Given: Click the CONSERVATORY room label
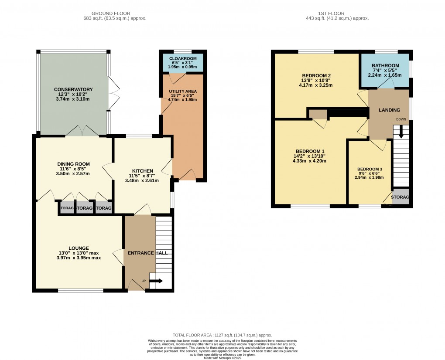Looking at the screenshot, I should coord(73,89).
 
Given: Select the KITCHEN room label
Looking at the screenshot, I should coord(142,171).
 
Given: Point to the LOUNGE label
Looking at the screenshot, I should coord(79,248).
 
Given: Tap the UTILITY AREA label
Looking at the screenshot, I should coord(183,91).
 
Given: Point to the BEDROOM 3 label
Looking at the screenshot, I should coord(370,169).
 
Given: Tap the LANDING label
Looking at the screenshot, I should coord(389,110).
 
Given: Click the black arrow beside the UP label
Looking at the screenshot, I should coord(156,281).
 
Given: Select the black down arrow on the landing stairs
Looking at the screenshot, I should coord(401,133).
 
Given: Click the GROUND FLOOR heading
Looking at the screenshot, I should coord(115,14).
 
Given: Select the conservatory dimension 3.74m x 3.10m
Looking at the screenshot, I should coord(73,99).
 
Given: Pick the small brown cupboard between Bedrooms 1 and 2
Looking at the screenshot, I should coord(318,114).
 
